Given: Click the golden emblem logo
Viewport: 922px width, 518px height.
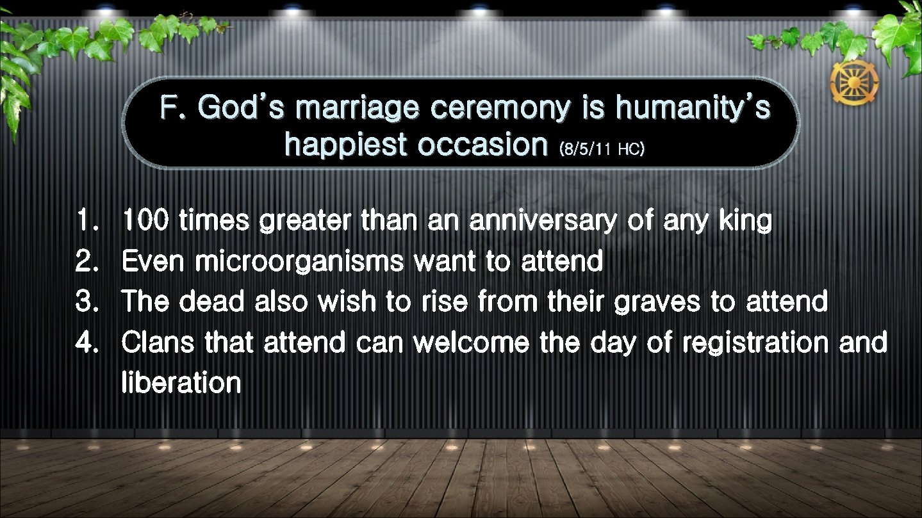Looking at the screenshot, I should coord(854,82).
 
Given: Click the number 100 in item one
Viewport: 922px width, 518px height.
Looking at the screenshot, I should coord(145,222).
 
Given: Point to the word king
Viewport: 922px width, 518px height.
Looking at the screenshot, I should coord(745,222).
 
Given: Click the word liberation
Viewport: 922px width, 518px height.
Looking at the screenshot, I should coord(181,383).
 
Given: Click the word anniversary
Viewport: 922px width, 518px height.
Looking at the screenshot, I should coord(542,222).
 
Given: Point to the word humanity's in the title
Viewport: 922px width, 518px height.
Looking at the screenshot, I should coord(692,108).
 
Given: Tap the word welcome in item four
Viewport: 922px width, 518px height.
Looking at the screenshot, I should coord(471,343).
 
